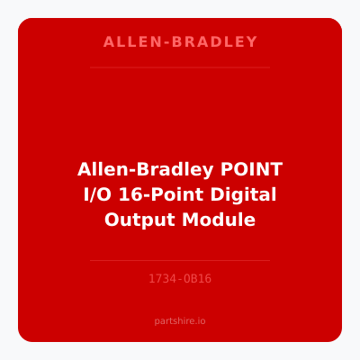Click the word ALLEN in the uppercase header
[x=128, y=42]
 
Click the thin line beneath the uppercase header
[x=180, y=67]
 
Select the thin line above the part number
[x=180, y=260]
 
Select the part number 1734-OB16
[x=180, y=279]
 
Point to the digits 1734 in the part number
[x=162, y=279]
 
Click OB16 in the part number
[x=197, y=279]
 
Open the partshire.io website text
[x=180, y=320]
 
